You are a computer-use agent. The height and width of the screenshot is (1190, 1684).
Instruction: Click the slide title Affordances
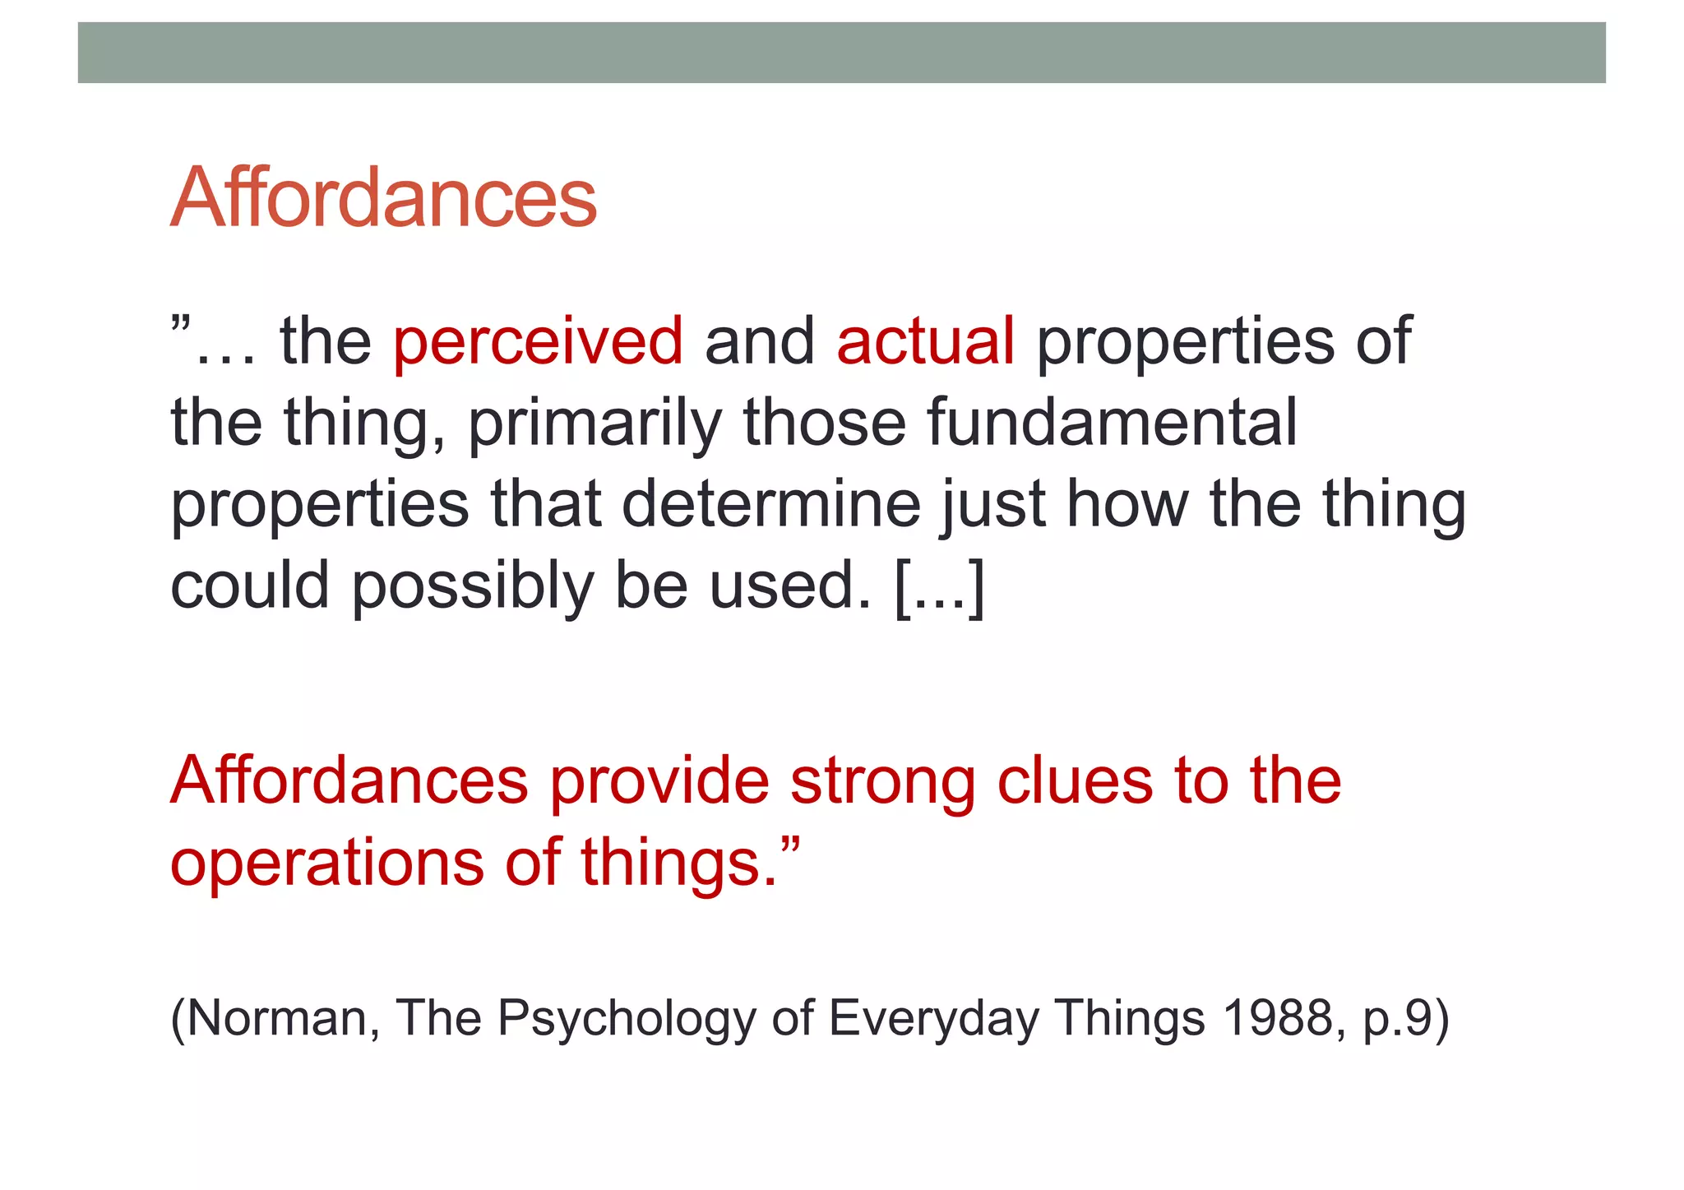[x=383, y=198]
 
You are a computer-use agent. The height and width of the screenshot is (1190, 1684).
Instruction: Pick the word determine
[x=771, y=504]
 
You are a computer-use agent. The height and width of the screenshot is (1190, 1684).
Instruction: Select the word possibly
[x=473, y=586]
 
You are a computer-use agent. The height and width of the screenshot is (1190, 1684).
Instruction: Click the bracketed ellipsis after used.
[x=938, y=586]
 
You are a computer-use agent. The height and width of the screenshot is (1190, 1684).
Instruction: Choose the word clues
[x=1075, y=780]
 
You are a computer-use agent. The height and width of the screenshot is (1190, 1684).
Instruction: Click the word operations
[x=327, y=863]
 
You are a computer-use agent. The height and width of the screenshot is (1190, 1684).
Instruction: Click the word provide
[x=659, y=780]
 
